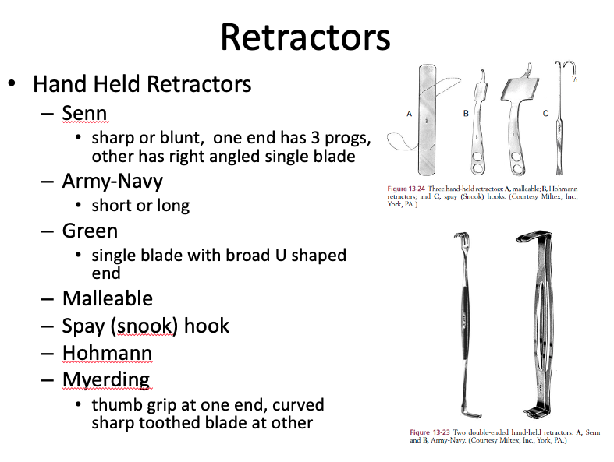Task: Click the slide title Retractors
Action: pos(305,37)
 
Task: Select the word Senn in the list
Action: pos(84,114)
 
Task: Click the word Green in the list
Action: pos(90,231)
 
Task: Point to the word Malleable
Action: pos(108,298)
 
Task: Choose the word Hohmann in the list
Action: pos(108,353)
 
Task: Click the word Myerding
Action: pos(106,379)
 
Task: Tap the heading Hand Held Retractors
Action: pos(142,83)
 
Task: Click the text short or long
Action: pos(140,206)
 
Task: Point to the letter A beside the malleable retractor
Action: pos(409,114)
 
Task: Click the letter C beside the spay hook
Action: pos(545,114)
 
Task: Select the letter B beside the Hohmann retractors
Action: pos(466,114)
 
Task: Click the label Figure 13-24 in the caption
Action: pos(408,189)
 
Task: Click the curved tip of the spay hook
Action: pos(561,65)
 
